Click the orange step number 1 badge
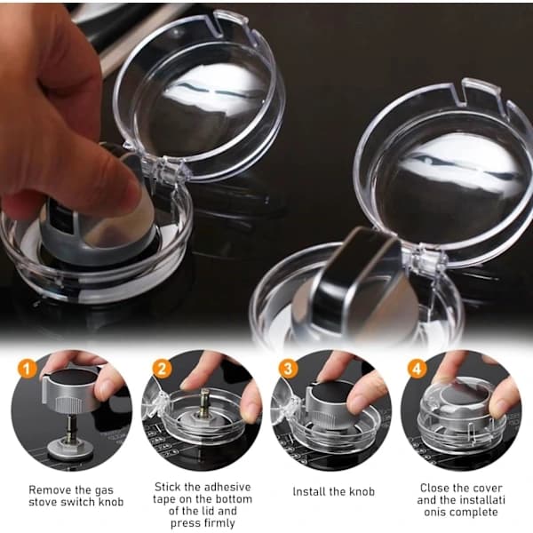[x=28, y=369]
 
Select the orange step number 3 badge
[x=288, y=369]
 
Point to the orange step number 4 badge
[x=417, y=369]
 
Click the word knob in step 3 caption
[x=362, y=491]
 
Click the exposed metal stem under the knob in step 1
[x=70, y=426]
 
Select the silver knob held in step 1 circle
[x=69, y=391]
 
